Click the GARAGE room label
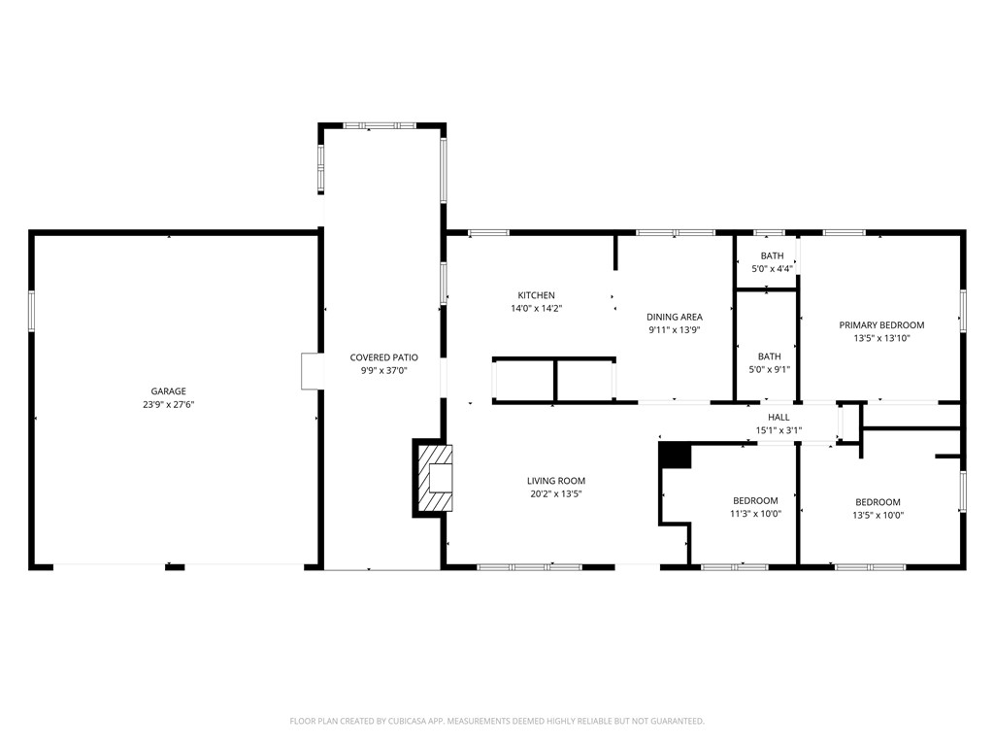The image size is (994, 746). [168, 391]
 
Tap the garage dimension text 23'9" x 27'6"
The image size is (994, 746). [168, 404]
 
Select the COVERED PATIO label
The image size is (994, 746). [384, 357]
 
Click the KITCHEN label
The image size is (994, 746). [536, 295]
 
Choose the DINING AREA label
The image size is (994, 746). [675, 317]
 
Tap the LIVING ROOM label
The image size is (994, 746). [556, 481]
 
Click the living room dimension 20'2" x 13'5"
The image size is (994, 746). [556, 493]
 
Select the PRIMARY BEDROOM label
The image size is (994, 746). [881, 325]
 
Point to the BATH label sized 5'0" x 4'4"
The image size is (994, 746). [771, 256]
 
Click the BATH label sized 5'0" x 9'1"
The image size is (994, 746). [769, 356]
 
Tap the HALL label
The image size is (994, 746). [779, 417]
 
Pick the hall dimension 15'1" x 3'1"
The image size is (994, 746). [779, 429]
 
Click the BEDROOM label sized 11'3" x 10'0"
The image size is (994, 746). [755, 501]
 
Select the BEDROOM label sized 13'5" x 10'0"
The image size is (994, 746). [878, 502]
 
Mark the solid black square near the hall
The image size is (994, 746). [675, 456]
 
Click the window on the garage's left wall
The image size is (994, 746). [31, 311]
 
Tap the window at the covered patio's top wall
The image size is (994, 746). [380, 125]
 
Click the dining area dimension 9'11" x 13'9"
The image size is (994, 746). [675, 330]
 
